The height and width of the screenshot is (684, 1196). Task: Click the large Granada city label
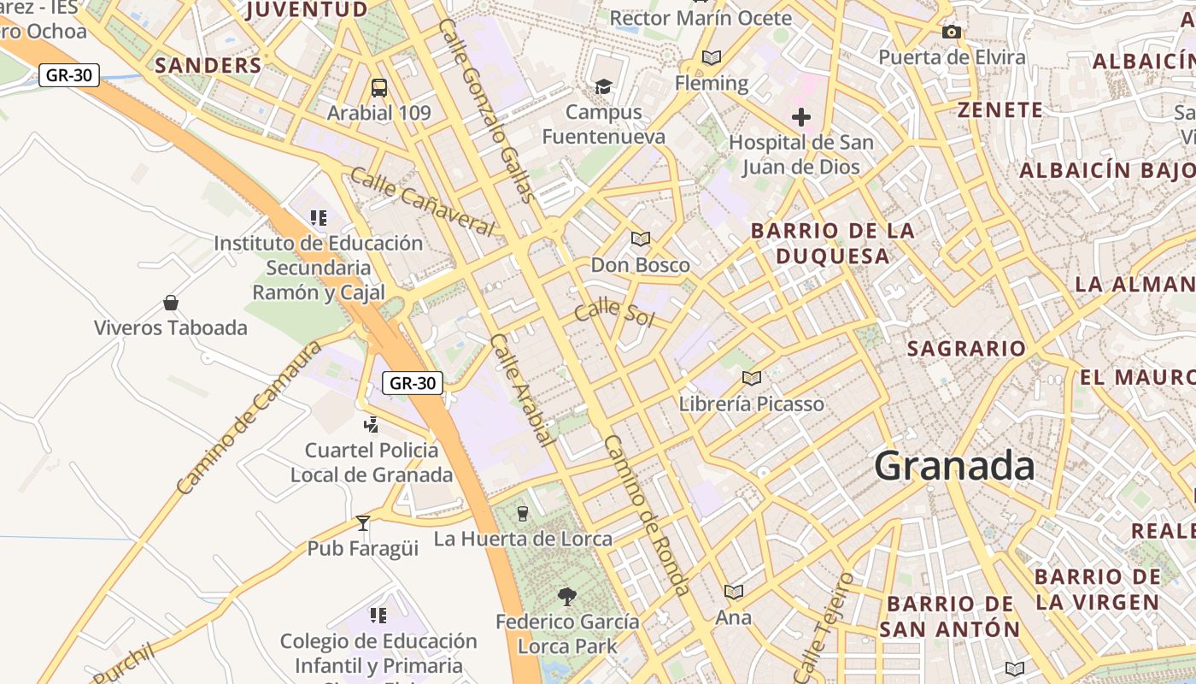(x=954, y=466)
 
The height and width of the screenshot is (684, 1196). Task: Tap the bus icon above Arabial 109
(x=378, y=87)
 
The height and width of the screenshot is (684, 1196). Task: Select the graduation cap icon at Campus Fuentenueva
(x=603, y=86)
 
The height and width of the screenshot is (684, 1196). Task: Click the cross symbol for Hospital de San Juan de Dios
(x=800, y=116)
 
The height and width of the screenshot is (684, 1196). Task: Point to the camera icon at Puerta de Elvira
(x=951, y=32)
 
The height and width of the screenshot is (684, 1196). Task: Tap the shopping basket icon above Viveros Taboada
(x=171, y=303)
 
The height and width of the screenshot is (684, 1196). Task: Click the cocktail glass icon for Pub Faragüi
(x=363, y=522)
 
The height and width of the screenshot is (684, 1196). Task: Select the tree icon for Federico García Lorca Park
(x=566, y=596)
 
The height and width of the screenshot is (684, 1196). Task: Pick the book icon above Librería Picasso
(x=751, y=378)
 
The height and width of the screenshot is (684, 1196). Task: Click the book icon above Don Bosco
(x=640, y=239)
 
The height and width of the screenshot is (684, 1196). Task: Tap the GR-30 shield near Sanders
(x=69, y=75)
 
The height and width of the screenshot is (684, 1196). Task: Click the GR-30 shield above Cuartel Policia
(x=412, y=383)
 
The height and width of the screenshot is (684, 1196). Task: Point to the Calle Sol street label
(x=613, y=314)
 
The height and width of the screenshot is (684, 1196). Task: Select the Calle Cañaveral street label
(x=422, y=202)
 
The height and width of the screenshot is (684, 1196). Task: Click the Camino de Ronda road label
(x=646, y=515)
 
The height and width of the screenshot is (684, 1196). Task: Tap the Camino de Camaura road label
(x=249, y=418)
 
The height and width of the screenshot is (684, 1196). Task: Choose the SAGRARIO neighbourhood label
(x=966, y=349)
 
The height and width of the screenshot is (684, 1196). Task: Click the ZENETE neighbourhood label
(x=1000, y=110)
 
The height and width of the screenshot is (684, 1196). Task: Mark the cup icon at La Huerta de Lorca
(x=523, y=513)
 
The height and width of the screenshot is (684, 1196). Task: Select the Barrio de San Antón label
(x=950, y=616)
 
